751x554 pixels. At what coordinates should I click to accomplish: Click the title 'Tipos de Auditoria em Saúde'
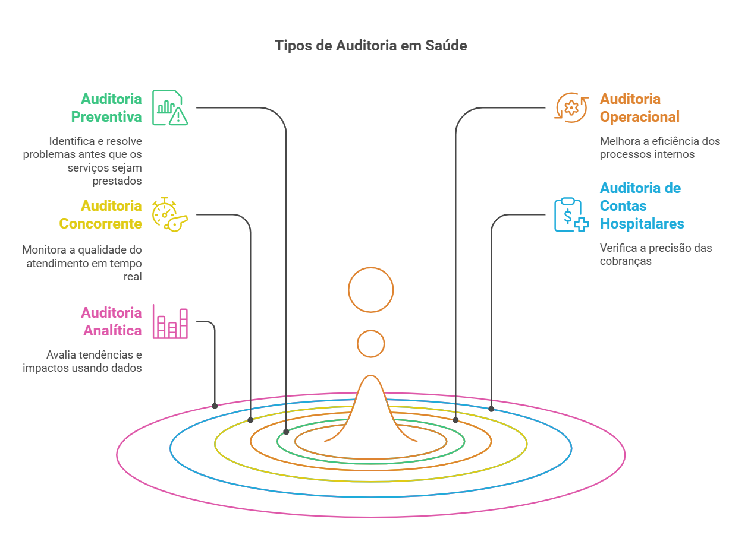370,46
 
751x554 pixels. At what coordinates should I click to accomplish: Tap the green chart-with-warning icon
169,107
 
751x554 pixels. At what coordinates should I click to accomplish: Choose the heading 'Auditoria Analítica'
111,321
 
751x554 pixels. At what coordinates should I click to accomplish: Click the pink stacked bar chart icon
170,321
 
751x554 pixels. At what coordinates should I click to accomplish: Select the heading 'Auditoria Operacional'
639,107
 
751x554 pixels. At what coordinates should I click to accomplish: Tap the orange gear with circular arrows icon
571,107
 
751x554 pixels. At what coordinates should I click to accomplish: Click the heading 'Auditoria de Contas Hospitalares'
642,205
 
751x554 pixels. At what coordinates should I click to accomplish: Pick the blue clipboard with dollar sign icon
571,214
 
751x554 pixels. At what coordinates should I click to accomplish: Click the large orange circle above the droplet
371,290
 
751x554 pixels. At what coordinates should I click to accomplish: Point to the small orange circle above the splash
371,344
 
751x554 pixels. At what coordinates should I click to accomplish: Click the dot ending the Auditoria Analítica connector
215,406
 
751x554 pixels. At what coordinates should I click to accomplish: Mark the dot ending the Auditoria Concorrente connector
250,420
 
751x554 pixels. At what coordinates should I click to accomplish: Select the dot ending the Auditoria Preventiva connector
286,432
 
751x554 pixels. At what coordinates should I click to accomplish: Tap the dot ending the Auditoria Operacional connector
455,420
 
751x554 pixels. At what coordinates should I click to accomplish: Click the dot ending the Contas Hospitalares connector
491,409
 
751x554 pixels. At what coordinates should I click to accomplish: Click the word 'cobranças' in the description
626,261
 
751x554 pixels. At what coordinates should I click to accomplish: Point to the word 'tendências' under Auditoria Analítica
100,355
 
